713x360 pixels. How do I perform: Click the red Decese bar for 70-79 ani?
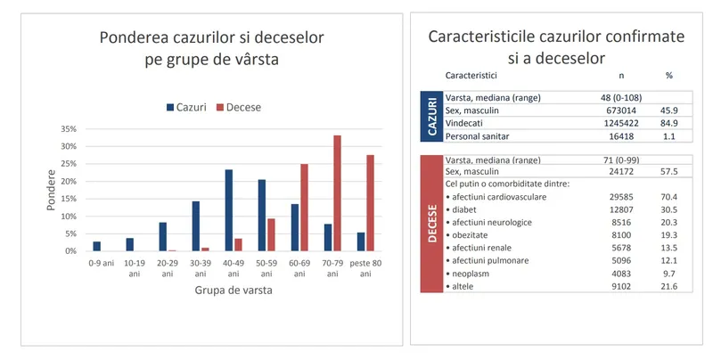[x=337, y=193]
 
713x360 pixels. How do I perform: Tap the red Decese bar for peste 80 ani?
[x=370, y=203]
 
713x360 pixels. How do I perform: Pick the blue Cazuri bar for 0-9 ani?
[x=97, y=246]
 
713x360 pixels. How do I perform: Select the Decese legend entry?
[x=237, y=107]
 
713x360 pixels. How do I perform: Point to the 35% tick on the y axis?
[x=68, y=128]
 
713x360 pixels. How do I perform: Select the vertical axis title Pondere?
[x=50, y=189]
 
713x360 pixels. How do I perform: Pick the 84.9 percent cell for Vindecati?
[x=668, y=123]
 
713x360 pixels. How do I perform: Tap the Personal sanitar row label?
[x=484, y=135]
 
